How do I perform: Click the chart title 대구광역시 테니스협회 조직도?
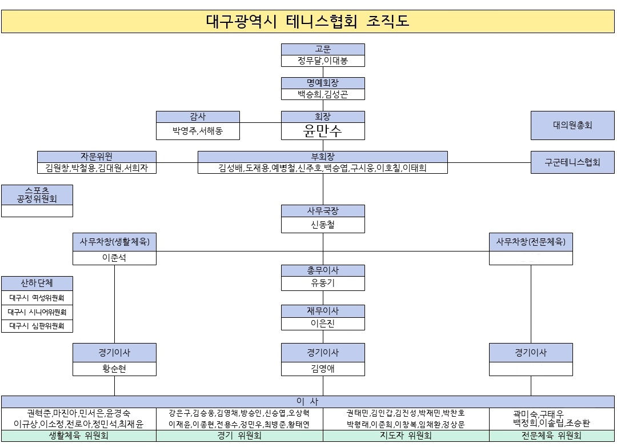click(x=308, y=21)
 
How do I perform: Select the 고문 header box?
click(x=323, y=49)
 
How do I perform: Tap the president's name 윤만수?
click(x=323, y=131)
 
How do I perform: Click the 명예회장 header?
click(x=323, y=83)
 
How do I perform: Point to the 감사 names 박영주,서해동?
click(x=198, y=131)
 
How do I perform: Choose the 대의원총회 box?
click(x=572, y=125)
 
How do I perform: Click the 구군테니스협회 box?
click(x=572, y=162)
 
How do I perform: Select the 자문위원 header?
click(x=97, y=157)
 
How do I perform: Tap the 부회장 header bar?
click(x=323, y=157)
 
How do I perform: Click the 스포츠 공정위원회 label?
click(x=37, y=195)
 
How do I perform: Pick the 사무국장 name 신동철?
click(x=323, y=225)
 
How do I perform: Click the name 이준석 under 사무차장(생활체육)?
click(x=114, y=258)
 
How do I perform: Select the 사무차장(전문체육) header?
click(x=531, y=242)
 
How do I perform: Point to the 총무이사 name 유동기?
click(x=323, y=283)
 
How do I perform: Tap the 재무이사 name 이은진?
click(x=323, y=324)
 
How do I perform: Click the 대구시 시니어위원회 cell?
click(x=37, y=312)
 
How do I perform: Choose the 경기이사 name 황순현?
click(x=114, y=369)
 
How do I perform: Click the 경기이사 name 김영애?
click(x=323, y=369)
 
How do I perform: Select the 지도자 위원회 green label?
click(x=406, y=436)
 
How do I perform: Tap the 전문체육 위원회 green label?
click(x=551, y=436)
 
